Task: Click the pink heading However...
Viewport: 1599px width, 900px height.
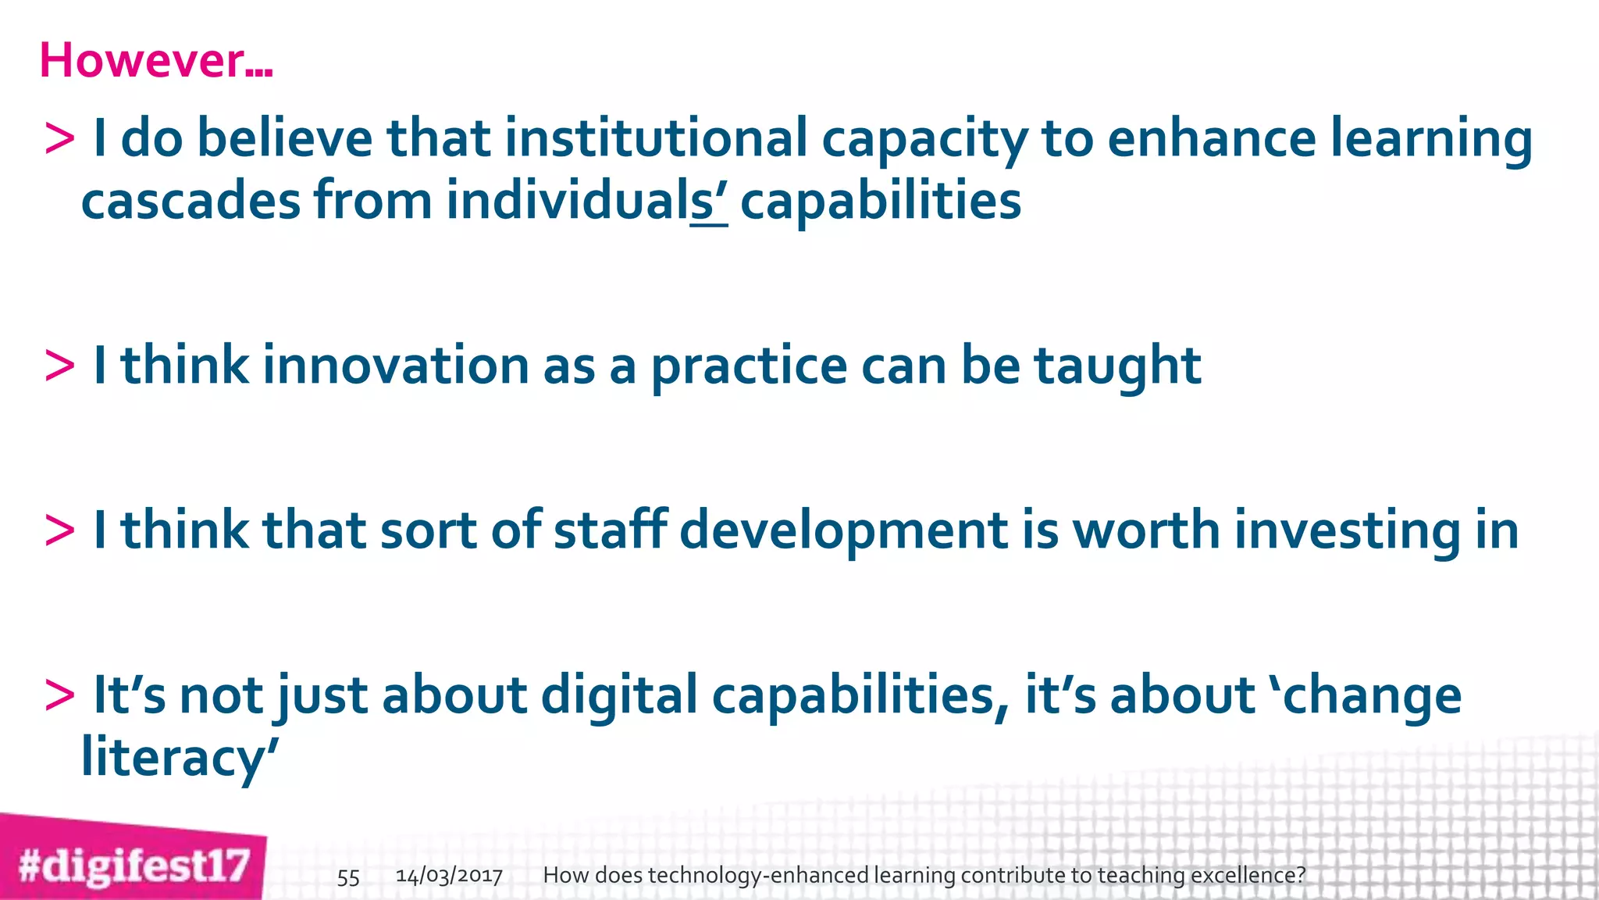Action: (155, 60)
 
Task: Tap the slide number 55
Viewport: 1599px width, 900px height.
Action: (348, 877)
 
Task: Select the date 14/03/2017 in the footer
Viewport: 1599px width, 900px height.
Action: (449, 876)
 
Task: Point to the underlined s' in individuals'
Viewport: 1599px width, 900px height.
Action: (709, 202)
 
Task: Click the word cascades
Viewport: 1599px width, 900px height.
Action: (191, 201)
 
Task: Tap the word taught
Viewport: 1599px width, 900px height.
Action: (1117, 366)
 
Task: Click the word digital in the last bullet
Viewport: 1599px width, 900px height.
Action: (618, 695)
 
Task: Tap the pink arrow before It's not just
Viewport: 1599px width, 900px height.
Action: (60, 695)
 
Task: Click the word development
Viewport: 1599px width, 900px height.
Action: (844, 531)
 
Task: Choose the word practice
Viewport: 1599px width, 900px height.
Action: (749, 367)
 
